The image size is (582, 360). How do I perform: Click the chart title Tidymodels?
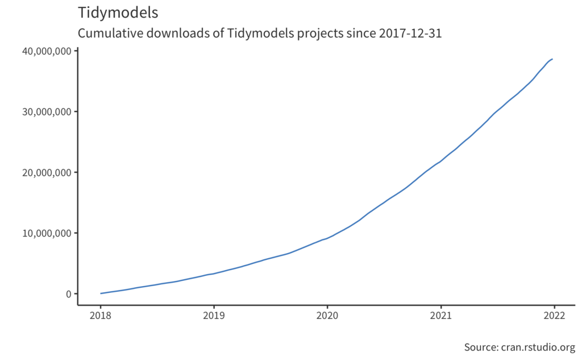pos(118,13)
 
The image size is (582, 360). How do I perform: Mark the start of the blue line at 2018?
pos(101,293)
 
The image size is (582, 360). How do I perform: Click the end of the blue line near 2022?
pos(552,59)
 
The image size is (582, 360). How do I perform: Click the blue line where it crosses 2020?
pos(327,238)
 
